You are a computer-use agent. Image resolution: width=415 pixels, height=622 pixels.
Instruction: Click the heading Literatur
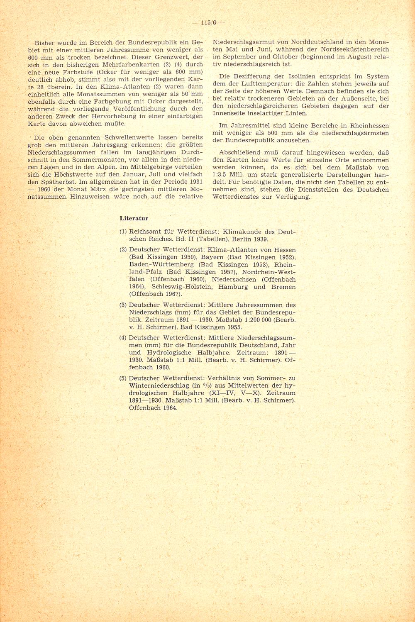[x=134, y=218]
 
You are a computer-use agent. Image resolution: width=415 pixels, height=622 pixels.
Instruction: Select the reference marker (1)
[x=123, y=232]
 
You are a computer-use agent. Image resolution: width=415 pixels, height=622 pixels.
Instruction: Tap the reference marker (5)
[x=123, y=378]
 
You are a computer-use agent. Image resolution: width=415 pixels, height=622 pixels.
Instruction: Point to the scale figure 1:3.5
[x=221, y=175]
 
